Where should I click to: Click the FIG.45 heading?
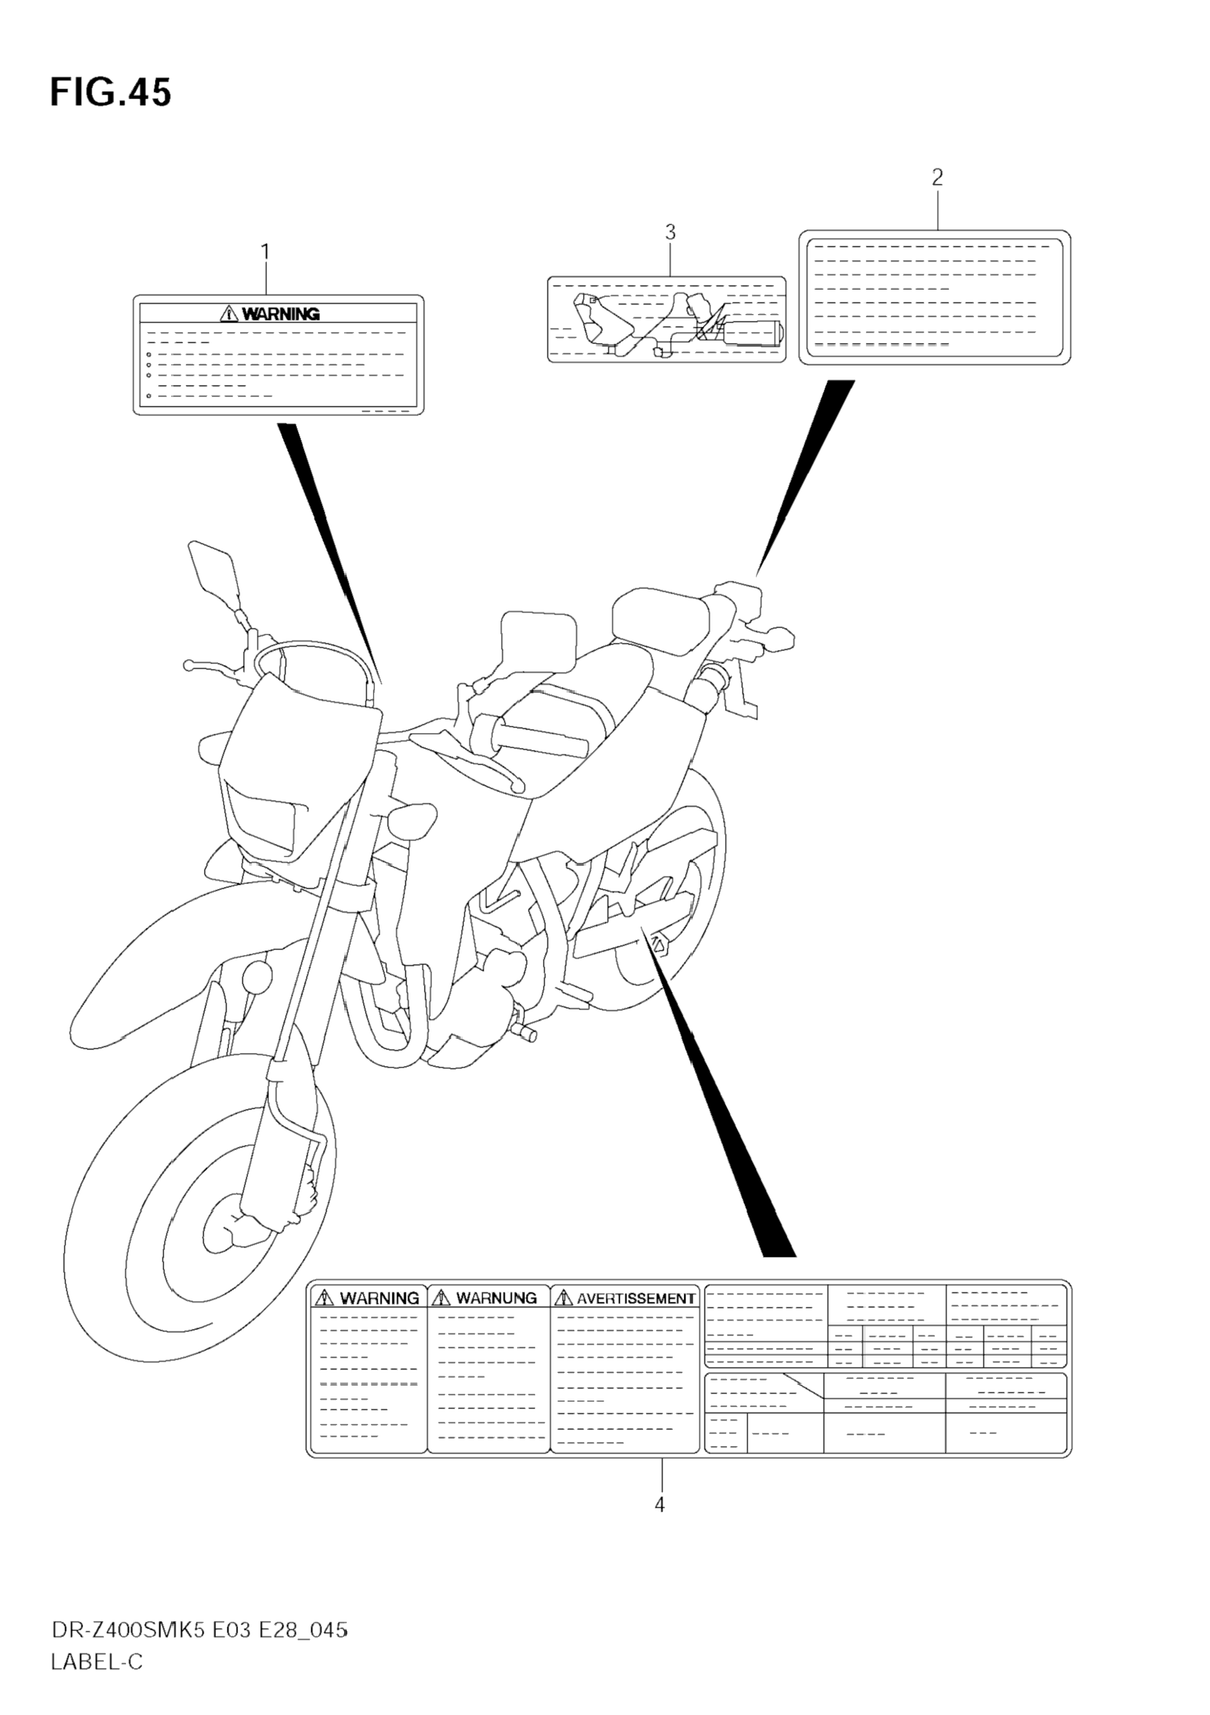111,93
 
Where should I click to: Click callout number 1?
265,252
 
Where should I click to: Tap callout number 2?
938,178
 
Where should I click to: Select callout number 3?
670,233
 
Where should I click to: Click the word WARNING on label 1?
281,315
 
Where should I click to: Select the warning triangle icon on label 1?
229,315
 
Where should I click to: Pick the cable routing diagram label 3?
666,320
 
